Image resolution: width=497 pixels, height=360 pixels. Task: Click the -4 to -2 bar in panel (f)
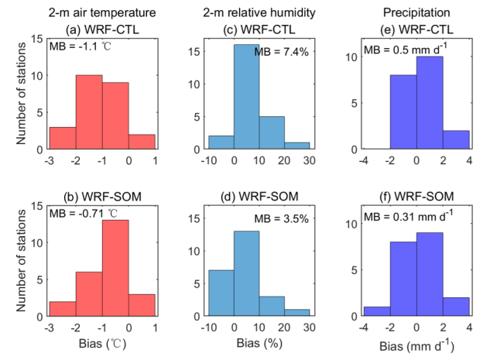pyautogui.click(x=377, y=311)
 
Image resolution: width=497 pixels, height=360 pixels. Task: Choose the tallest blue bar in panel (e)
pyautogui.click(x=430, y=103)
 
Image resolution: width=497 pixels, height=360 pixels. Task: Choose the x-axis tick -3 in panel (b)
pyautogui.click(x=50, y=327)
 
